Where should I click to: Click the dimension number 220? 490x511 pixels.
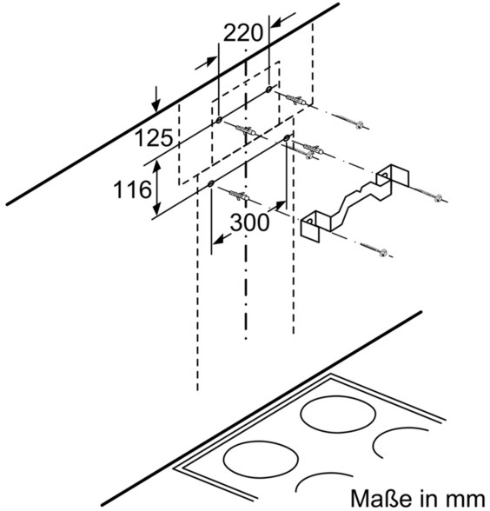[243, 32]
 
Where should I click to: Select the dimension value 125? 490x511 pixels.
[154, 137]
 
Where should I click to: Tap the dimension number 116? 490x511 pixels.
[133, 189]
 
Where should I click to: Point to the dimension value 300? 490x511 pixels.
[250, 222]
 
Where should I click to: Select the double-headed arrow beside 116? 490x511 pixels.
[157, 188]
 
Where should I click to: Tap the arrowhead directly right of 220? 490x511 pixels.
[283, 21]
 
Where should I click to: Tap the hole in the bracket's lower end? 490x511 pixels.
[309, 222]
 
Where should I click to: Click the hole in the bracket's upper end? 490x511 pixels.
[384, 176]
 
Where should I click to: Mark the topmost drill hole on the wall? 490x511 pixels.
[268, 89]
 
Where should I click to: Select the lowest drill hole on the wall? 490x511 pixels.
[210, 184]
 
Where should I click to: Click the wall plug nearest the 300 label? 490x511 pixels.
[240, 196]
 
